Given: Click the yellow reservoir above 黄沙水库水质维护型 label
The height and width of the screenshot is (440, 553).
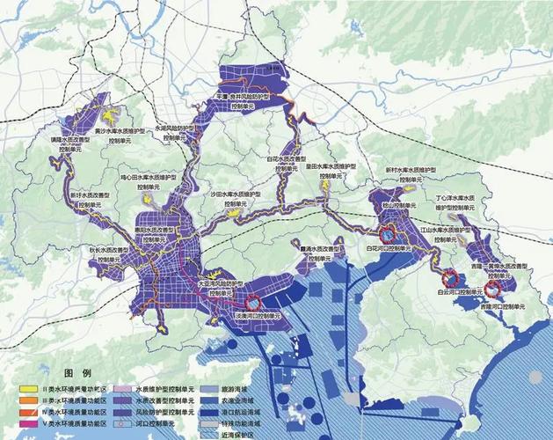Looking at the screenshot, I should (111, 115).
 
